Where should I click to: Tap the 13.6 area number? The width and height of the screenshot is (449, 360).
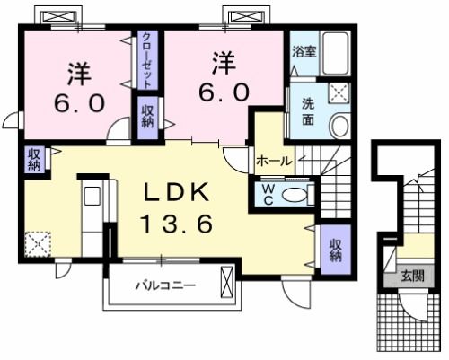click(x=176, y=224)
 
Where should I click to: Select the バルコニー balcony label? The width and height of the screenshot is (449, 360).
click(x=165, y=287)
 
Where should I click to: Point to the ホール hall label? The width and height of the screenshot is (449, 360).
click(x=273, y=162)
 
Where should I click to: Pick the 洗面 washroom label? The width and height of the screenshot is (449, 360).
click(x=305, y=112)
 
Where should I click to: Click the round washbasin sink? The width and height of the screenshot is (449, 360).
click(x=339, y=125)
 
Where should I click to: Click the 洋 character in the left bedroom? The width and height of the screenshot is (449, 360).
click(x=78, y=71)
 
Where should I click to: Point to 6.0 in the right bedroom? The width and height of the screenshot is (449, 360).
click(x=223, y=92)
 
